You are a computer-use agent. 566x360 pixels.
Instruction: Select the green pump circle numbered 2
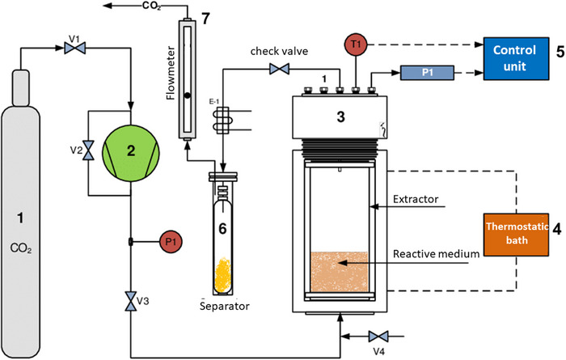tap(129, 150)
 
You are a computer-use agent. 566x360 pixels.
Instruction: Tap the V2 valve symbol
tap(91, 151)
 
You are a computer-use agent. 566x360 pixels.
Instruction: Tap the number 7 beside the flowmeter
tap(206, 19)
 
